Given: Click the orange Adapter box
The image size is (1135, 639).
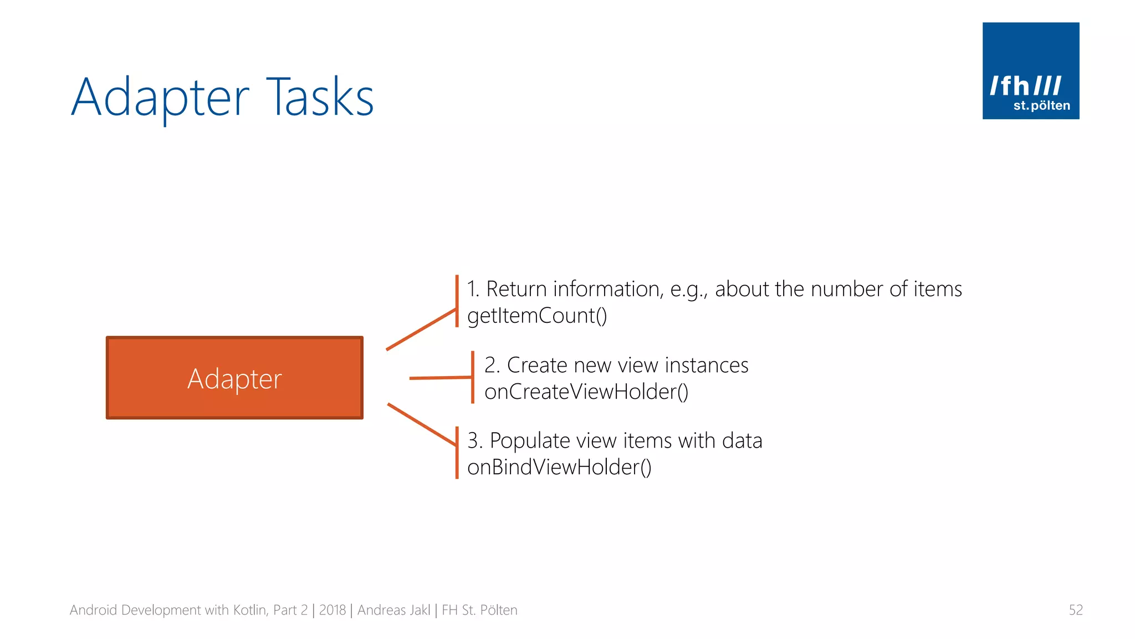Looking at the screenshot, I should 234,378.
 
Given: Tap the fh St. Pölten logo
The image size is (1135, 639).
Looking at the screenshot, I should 1030,71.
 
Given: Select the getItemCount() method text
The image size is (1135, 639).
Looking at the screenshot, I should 537,316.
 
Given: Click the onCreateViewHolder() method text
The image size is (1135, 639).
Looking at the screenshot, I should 586,392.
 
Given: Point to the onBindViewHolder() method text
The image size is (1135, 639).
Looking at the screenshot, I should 559,467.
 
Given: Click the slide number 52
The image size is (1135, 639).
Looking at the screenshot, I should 1075,610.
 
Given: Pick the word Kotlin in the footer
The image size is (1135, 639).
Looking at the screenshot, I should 250,610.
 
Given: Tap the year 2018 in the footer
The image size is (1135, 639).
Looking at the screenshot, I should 333,610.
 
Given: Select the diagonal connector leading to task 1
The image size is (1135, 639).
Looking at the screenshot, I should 421,329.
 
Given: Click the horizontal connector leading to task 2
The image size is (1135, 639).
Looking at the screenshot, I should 441,378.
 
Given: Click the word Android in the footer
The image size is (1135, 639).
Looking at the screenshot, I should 93,610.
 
